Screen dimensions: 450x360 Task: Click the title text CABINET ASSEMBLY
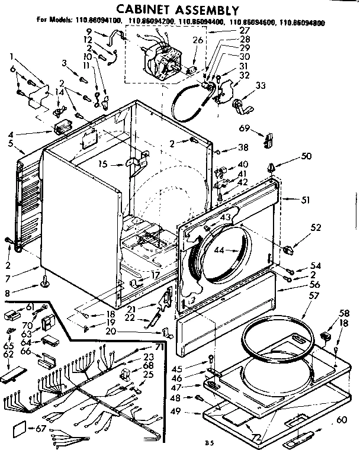click(177, 10)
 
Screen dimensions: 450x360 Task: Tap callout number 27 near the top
click(228, 30)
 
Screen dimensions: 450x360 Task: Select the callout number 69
click(243, 128)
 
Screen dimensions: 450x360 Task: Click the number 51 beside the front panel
click(306, 200)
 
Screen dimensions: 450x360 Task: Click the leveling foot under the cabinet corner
click(45, 287)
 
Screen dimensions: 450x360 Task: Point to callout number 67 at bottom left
click(40, 428)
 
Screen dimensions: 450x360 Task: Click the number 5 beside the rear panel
click(10, 143)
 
